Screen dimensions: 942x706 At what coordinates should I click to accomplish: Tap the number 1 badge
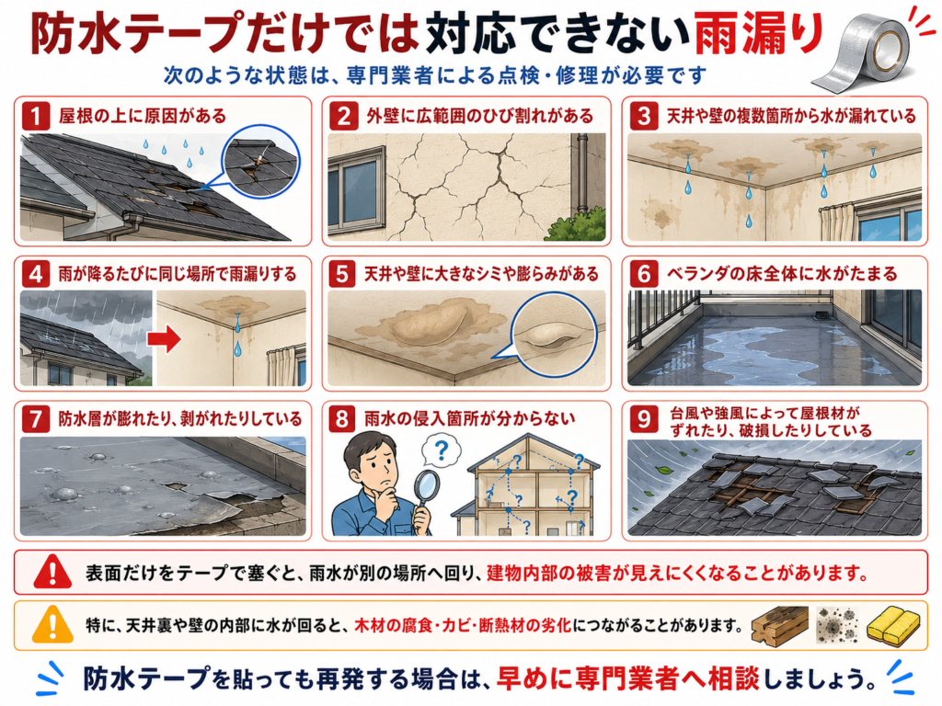coord(36,115)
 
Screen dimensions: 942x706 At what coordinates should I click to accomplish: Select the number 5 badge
coord(341,274)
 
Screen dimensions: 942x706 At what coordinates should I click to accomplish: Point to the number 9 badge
coord(643,419)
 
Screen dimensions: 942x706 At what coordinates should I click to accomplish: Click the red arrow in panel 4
coord(164,338)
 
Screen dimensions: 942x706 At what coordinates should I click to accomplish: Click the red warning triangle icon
coord(52,572)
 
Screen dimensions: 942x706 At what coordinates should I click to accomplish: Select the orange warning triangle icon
coord(52,624)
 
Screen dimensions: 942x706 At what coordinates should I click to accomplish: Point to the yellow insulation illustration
coord(893,624)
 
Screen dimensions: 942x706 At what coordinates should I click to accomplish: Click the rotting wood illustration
coord(779,625)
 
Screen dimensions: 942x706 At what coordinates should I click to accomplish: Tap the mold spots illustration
coord(837,624)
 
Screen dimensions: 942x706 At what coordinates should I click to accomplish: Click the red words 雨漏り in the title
coord(758,34)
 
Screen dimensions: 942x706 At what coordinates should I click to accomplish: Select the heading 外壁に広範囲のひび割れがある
coord(480,116)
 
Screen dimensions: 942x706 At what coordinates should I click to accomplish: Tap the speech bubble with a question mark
coord(442,451)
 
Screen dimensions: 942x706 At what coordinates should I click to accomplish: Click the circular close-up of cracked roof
coord(260,163)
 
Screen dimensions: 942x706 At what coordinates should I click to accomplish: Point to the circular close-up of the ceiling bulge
coord(554,335)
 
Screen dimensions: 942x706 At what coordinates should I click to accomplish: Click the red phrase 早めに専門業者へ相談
coord(627,678)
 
